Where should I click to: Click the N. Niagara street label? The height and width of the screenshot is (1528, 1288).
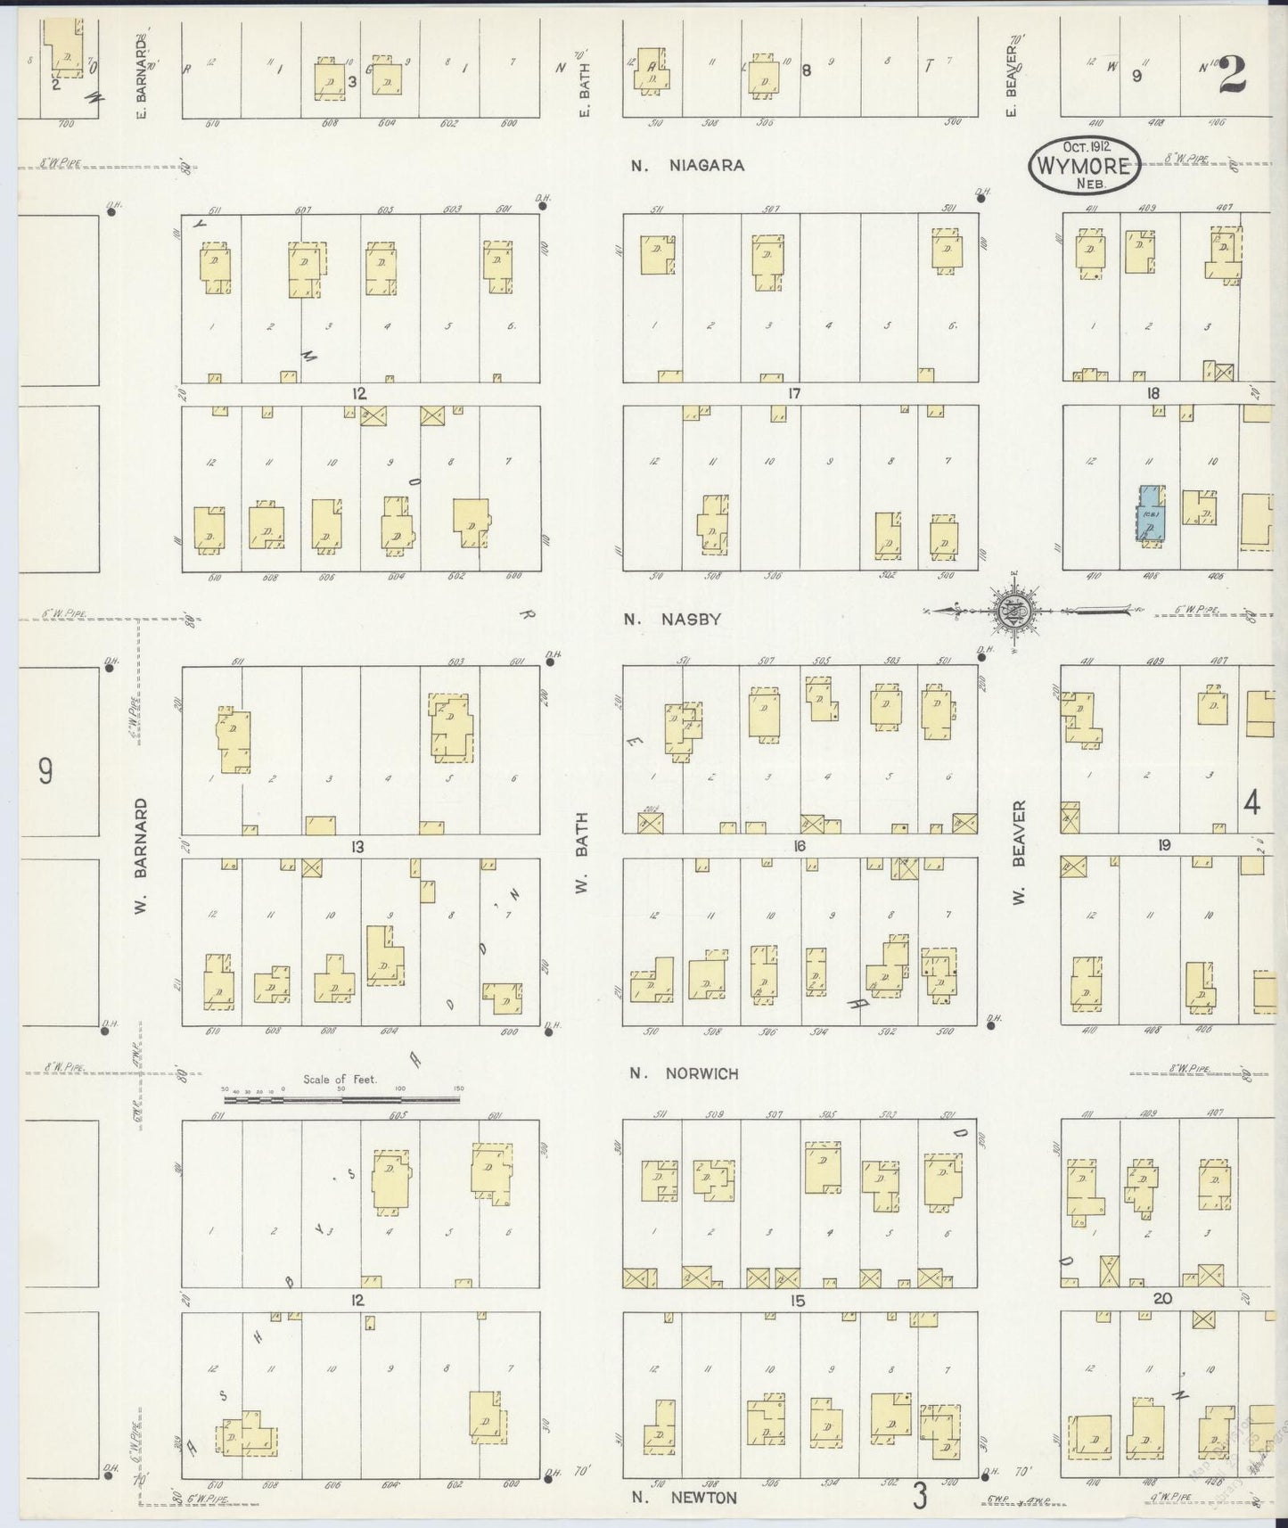pos(686,165)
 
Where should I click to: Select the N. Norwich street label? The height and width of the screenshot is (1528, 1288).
pos(684,1073)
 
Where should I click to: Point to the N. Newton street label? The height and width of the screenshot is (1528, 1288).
pos(684,1497)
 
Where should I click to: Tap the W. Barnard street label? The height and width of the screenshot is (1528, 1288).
pos(142,856)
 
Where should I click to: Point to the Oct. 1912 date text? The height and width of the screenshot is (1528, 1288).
pos(1085,146)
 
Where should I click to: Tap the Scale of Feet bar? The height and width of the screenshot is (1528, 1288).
pos(341,1099)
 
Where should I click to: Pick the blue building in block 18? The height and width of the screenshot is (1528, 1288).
pos(1148,513)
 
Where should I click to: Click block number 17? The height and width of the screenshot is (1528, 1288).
pos(794,393)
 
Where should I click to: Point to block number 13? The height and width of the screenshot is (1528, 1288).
pos(357,846)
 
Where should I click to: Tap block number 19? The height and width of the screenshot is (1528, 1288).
pos(1163,845)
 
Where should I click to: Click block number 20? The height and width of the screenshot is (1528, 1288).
pos(1161,1298)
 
